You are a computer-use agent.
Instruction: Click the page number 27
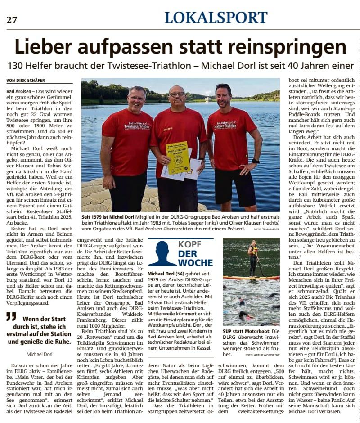[11, 19]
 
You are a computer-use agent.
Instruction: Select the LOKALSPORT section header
[216, 18]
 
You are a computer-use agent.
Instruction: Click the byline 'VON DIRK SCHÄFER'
[26, 80]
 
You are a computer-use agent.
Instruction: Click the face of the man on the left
[136, 97]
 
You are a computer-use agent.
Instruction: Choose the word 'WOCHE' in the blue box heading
[195, 262]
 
